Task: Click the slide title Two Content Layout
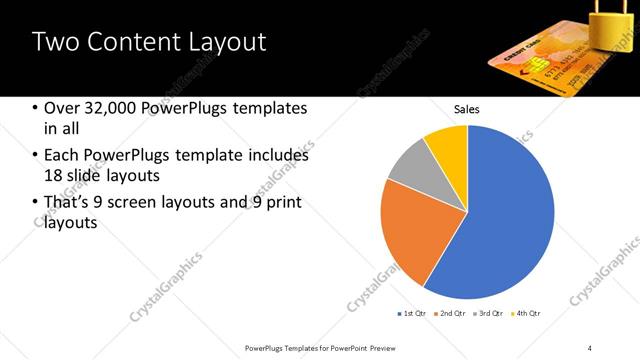(149, 42)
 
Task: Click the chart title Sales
(467, 108)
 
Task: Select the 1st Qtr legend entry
(412, 314)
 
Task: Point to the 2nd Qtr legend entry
(451, 314)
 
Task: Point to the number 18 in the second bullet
(54, 176)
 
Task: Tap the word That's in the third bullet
(68, 203)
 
